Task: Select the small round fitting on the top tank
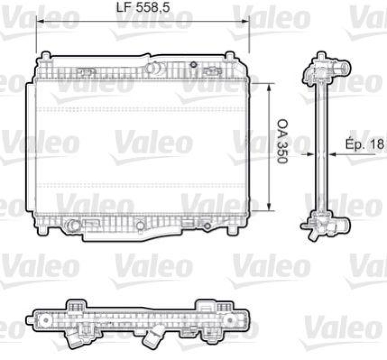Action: (x=193, y=65)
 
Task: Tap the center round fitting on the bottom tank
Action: (x=140, y=225)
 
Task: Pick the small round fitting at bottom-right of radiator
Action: (x=207, y=225)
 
